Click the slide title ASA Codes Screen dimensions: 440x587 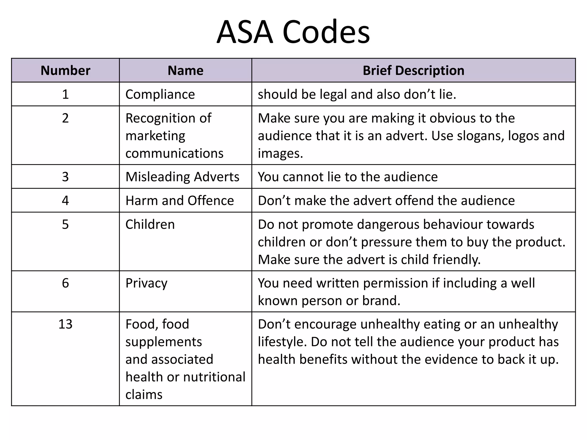[293, 32]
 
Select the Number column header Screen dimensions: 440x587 [65, 70]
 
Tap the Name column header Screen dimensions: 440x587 [185, 70]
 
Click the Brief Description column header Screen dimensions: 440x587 [413, 70]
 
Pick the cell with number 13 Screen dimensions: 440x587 [65, 324]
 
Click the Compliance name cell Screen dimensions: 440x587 [160, 94]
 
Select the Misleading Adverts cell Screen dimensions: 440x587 [182, 177]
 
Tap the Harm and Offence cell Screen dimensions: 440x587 [180, 201]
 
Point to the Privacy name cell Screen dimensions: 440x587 [146, 283]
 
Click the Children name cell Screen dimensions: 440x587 [150, 224]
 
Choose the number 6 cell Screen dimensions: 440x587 [65, 283]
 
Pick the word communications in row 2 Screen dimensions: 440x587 [174, 154]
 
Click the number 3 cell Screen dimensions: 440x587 [65, 177]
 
